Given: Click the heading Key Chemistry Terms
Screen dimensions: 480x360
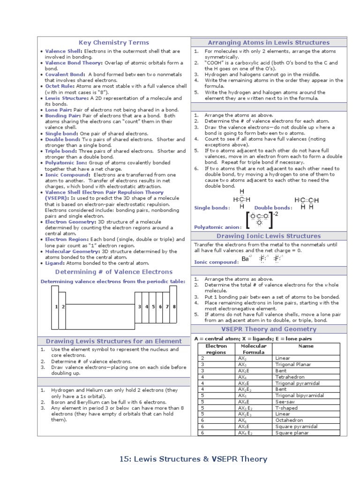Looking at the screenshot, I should (x=114, y=43).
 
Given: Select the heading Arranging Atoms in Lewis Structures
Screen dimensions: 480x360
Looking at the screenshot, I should (x=269, y=42).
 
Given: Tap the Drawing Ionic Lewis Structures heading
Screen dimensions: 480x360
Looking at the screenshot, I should (x=269, y=236).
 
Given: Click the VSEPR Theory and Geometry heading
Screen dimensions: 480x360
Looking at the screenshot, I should (x=269, y=329).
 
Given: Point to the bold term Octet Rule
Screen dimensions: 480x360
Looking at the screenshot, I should (x=60, y=86).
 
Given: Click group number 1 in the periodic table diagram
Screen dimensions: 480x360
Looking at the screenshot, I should (x=56, y=307).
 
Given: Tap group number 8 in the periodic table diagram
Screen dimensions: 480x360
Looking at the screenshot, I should (x=174, y=307).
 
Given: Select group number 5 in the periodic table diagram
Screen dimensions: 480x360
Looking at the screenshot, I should (x=153, y=307).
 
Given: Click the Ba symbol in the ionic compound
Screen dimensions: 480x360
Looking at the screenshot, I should (x=245, y=258).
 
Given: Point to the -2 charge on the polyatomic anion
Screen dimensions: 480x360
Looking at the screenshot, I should (x=276, y=214).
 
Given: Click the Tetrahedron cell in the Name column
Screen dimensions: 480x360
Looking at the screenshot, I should (x=290, y=377).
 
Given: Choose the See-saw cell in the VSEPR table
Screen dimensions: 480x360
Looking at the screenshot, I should (x=285, y=402).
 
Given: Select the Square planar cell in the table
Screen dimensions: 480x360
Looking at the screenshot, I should (x=292, y=433).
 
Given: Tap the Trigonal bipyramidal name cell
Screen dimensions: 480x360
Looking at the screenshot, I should (x=299, y=395).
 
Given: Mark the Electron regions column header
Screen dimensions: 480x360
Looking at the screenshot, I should (x=216, y=349).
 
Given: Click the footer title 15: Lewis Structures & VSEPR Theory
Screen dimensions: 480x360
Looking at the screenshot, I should (x=193, y=459).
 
